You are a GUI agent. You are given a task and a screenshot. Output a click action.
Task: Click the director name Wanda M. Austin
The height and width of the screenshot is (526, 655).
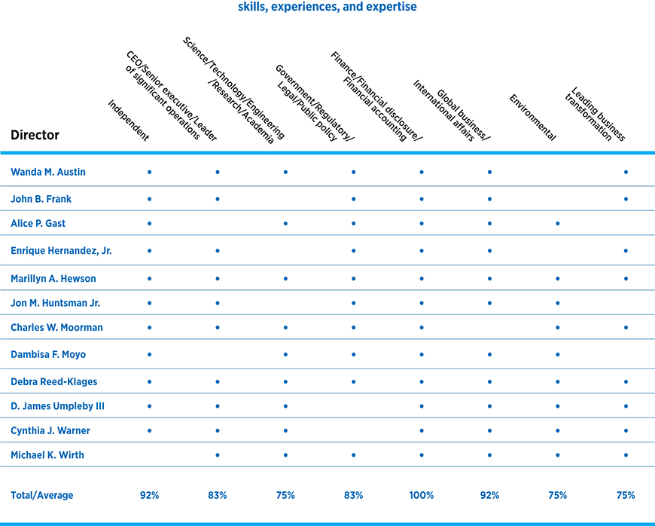point(48,173)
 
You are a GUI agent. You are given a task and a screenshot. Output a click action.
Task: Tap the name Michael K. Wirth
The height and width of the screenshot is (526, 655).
point(47,454)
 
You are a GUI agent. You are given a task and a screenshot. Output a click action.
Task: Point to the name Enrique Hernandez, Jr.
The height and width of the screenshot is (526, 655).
point(61,250)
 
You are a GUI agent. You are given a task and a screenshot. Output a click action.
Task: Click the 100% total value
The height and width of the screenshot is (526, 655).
point(422,495)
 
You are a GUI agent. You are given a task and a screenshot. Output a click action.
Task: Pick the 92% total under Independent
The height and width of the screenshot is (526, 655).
point(149,495)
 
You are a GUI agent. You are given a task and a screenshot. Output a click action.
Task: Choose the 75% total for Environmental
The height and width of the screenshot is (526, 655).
point(558,495)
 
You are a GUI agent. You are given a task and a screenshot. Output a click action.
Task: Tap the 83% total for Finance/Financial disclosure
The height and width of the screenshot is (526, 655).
point(353,495)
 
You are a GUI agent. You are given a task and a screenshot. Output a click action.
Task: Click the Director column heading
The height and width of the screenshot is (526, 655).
point(35,136)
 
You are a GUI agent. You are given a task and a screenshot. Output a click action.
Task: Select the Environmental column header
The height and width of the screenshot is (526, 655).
point(532,118)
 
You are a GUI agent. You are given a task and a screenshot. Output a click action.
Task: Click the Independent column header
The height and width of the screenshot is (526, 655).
point(128,121)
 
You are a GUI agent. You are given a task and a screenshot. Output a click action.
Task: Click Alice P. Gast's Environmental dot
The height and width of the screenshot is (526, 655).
point(558,223)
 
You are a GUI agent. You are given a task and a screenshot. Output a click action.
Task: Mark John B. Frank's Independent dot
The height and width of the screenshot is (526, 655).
point(149,199)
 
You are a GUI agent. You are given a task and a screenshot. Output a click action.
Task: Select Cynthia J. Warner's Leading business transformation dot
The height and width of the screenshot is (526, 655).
point(626,431)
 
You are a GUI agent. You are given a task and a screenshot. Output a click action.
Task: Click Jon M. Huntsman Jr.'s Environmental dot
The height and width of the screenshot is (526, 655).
point(558,303)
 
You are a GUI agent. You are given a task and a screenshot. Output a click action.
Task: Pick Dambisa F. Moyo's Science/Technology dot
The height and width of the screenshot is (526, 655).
point(285,353)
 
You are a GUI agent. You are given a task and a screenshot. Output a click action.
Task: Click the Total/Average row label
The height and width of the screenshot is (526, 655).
point(42,495)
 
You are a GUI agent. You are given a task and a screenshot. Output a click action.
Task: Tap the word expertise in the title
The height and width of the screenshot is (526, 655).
point(391,7)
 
